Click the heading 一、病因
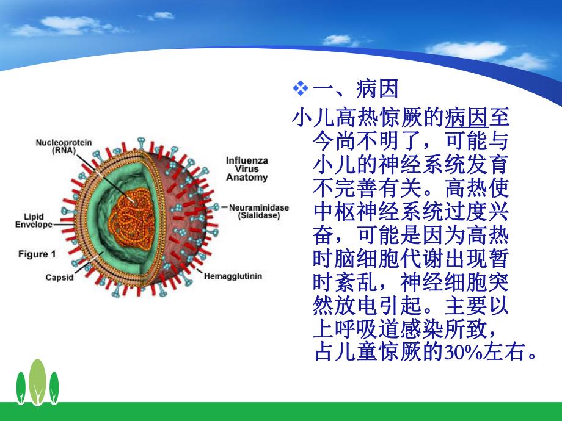(355, 90)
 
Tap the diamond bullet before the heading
(300, 90)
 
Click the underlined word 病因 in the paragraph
(466, 116)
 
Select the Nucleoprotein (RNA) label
(64, 146)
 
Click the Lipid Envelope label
(34, 220)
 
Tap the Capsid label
(60, 278)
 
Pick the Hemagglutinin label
(234, 276)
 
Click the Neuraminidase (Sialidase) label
(259, 211)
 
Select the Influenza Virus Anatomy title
(247, 169)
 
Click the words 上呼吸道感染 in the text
(373, 329)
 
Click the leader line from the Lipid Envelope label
(64, 224)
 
